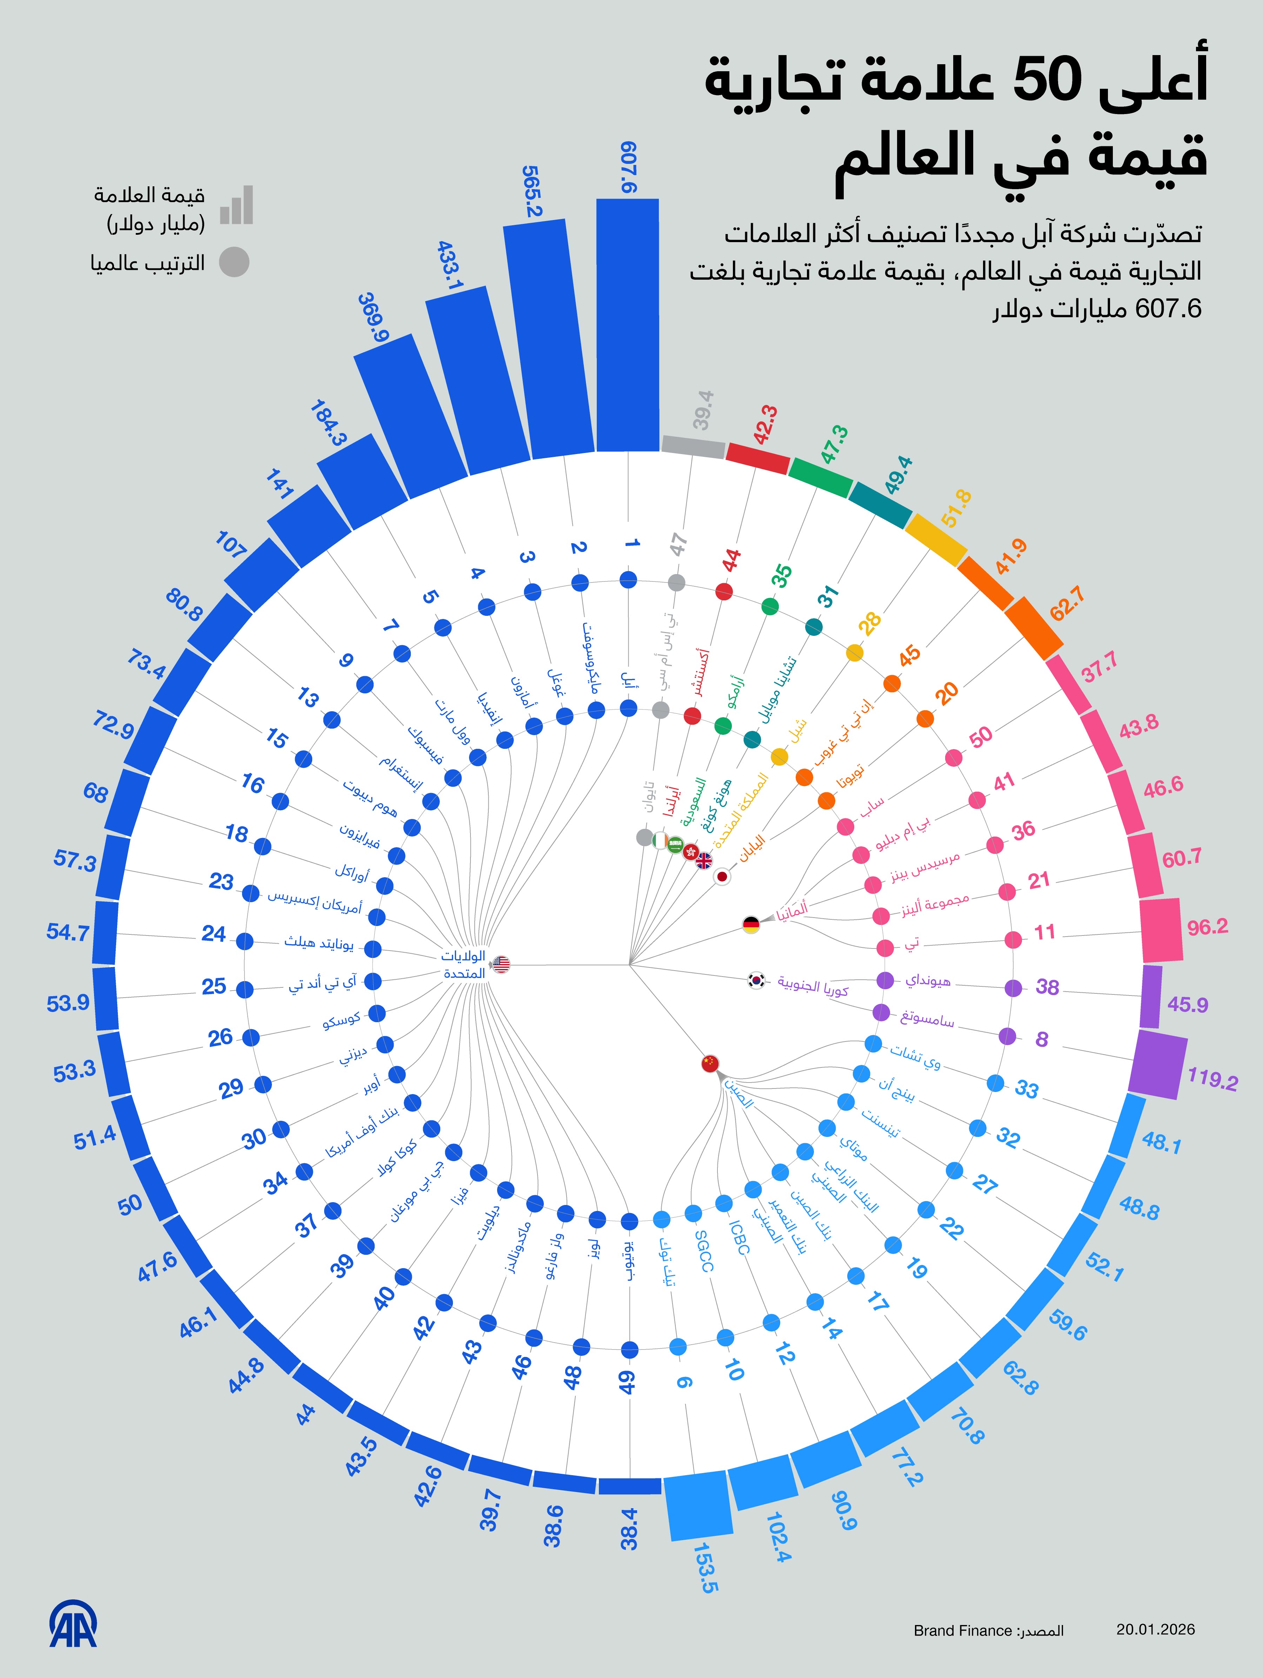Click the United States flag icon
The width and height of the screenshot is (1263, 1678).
click(501, 965)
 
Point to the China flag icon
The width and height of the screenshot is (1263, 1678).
click(710, 1064)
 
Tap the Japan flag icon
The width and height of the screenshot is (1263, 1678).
click(722, 876)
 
